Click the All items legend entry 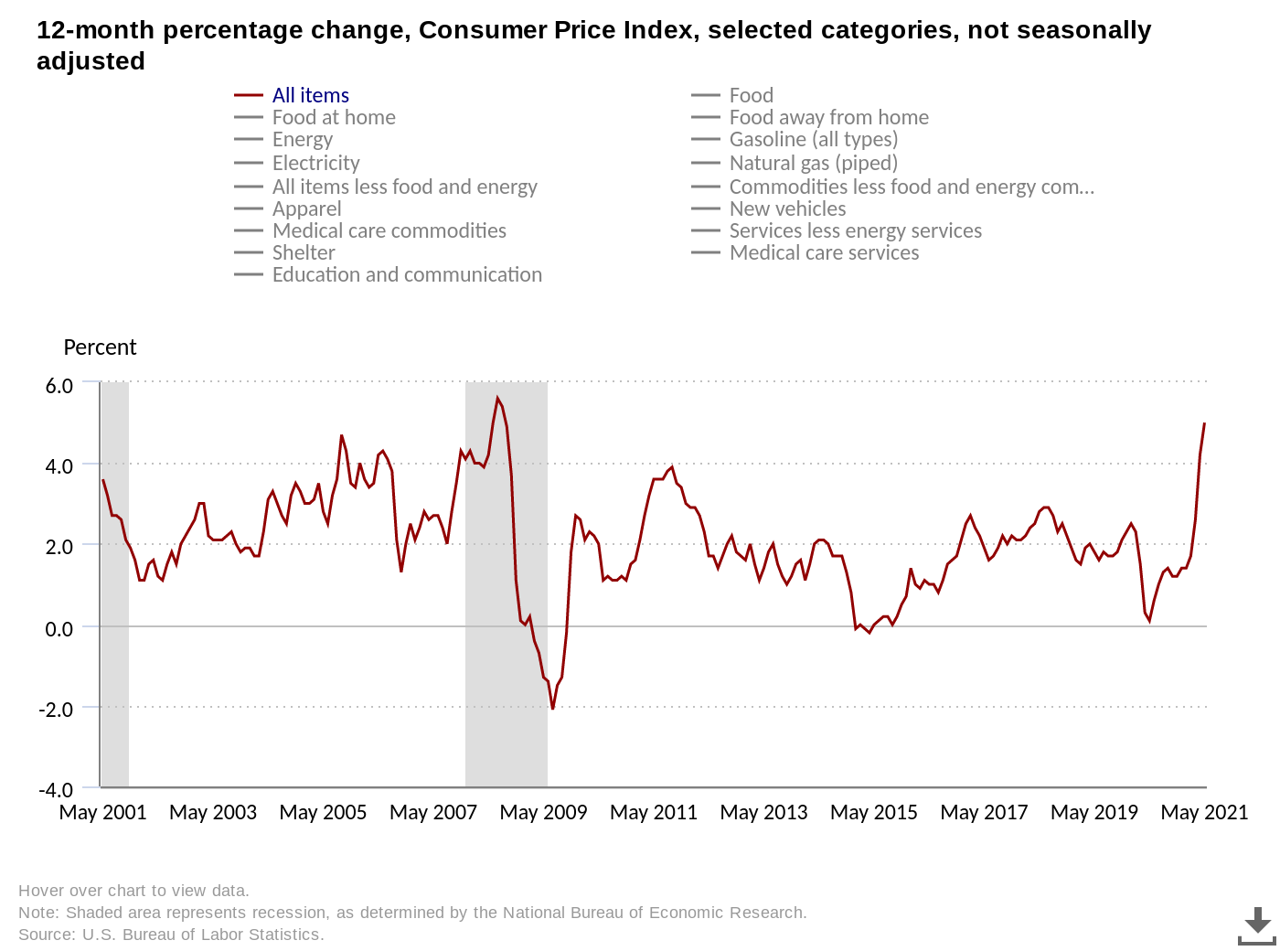310,95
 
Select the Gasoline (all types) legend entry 813,139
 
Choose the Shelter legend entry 304,252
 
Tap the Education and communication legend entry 407,274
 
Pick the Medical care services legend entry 824,252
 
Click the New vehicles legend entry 787,208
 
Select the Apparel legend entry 306,208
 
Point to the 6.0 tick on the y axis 59,385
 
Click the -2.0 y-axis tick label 56,709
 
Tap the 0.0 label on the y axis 59,628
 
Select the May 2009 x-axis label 543,812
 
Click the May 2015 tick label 873,812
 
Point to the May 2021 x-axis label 1204,812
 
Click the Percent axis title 100,347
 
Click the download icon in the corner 1257,925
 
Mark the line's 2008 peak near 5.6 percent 497,398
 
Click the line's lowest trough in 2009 552,709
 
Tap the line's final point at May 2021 1204,423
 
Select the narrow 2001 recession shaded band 114,585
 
